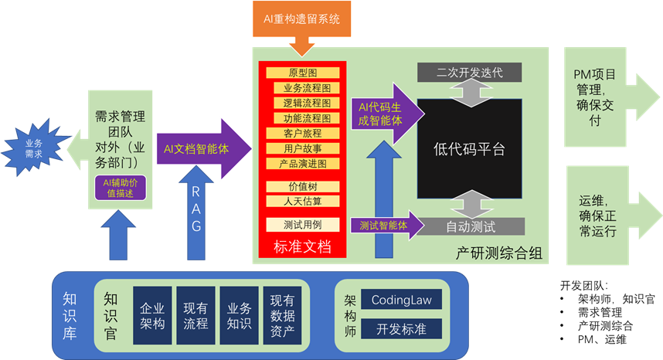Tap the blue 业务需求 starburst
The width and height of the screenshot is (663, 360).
(x=33, y=148)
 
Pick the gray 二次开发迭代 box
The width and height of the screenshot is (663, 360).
(x=470, y=73)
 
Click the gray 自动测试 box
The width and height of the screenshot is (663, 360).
(x=470, y=226)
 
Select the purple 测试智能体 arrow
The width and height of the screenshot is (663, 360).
(x=386, y=225)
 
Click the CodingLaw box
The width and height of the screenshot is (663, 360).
(x=401, y=299)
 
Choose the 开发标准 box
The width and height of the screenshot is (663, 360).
(x=401, y=328)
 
